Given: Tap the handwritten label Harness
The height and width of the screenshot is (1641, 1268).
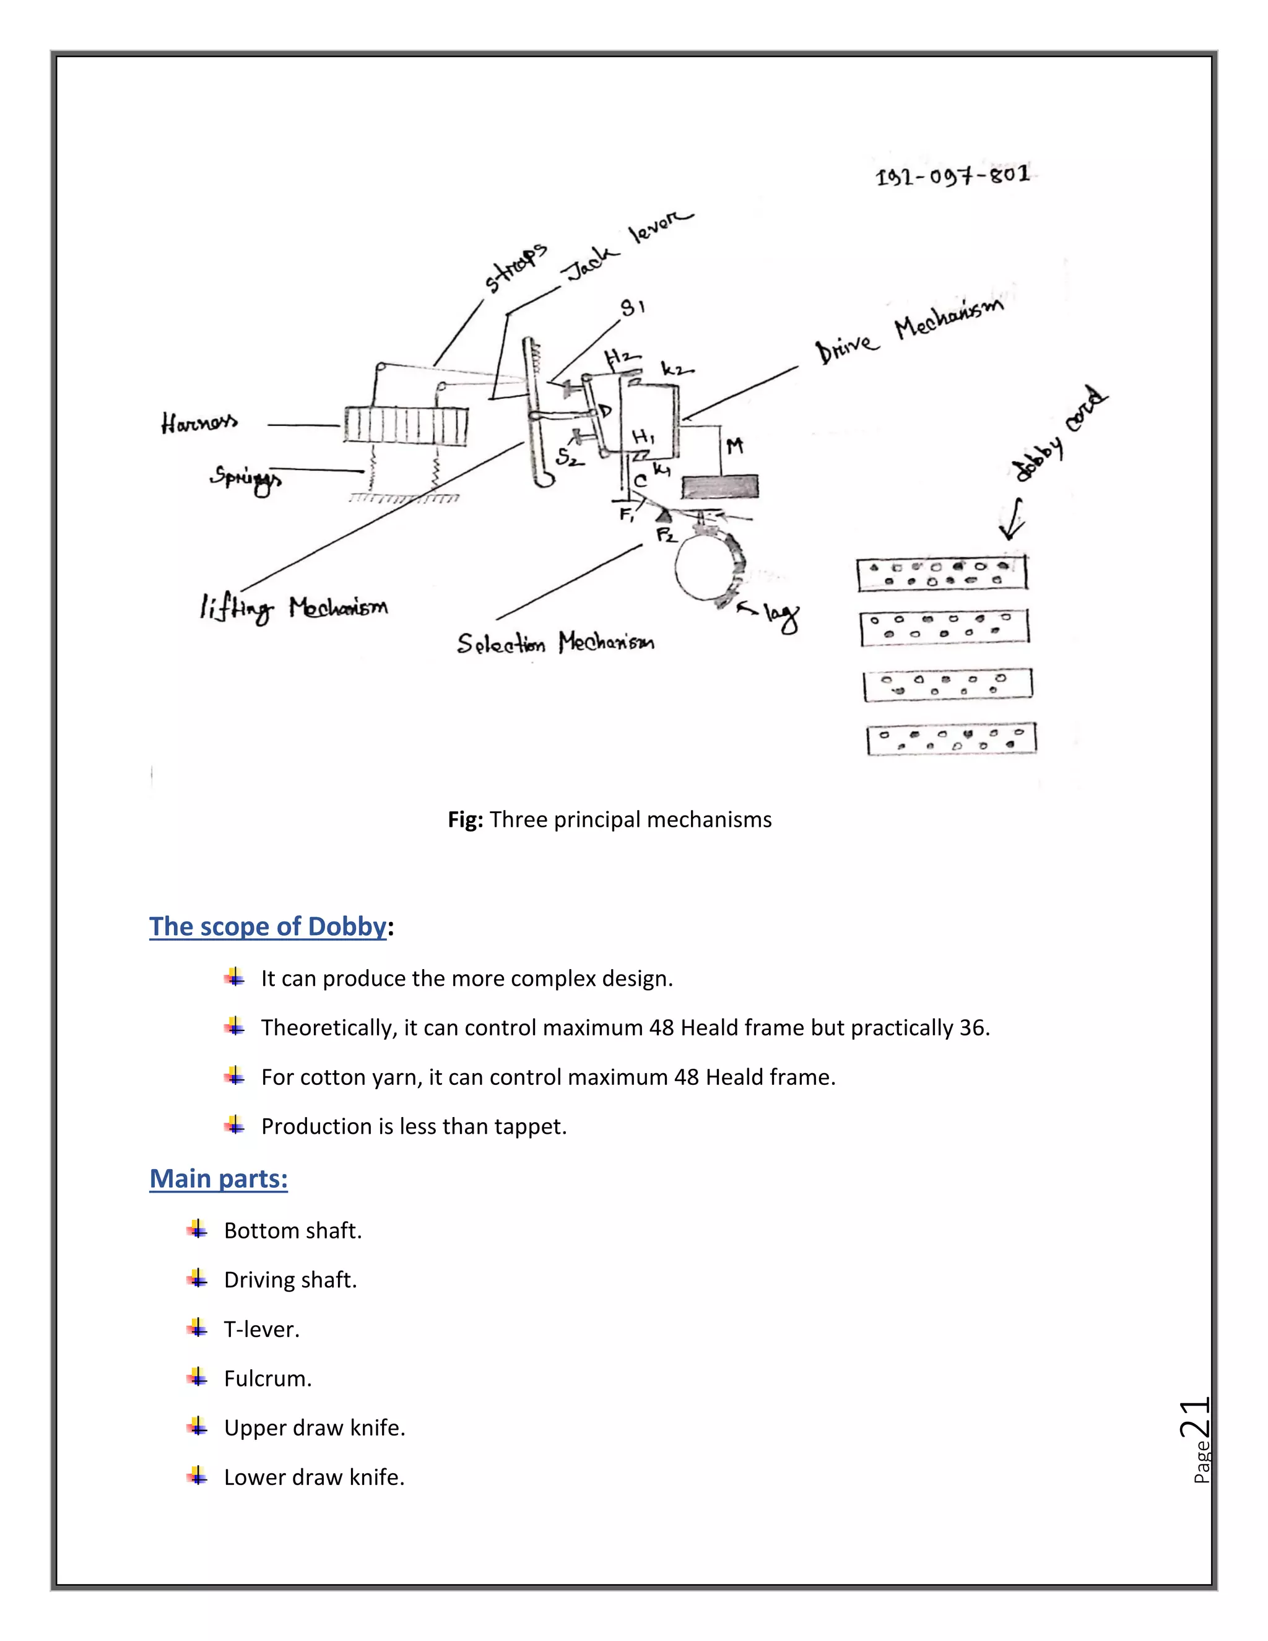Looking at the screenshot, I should click(199, 423).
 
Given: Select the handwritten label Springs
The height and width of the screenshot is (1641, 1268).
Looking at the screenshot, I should click(246, 479).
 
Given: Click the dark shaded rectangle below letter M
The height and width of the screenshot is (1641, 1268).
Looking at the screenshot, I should click(719, 487).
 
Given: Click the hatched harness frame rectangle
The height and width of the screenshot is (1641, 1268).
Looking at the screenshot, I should click(406, 425).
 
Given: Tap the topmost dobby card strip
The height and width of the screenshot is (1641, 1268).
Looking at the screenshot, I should click(942, 574).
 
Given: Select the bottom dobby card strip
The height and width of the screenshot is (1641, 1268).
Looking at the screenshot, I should click(952, 739).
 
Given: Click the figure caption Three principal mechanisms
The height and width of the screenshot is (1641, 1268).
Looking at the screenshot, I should click(630, 819).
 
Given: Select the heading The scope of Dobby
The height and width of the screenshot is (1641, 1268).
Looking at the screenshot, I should click(267, 926).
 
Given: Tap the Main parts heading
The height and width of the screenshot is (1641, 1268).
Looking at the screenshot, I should click(219, 1178).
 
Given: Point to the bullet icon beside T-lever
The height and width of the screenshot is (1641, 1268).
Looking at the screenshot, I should click(197, 1328).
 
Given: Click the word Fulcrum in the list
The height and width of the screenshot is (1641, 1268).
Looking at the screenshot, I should click(267, 1378).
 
